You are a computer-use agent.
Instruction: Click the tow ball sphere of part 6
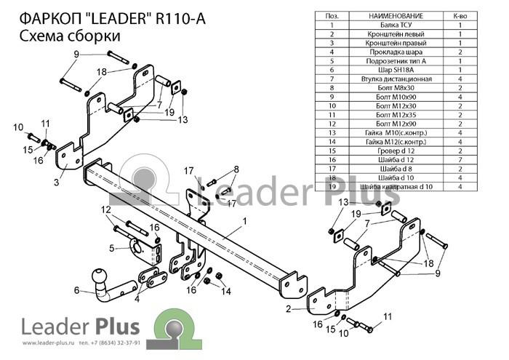pos(99,276)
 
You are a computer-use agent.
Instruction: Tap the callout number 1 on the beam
pos(244,221)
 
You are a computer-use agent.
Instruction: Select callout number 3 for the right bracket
pos(57,182)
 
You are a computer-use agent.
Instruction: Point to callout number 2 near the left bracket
pos(288,308)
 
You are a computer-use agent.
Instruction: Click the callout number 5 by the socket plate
pos(112,248)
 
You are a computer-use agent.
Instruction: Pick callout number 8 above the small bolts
pos(236,169)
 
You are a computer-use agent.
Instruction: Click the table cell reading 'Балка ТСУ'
pos(396,25)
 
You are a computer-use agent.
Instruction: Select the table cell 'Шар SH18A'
pos(396,70)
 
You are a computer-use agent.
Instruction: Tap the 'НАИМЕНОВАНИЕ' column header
pos(396,16)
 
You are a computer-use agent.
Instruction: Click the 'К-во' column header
pos(460,16)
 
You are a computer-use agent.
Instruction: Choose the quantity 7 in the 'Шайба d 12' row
pos(460,160)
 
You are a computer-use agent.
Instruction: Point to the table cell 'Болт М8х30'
pos(396,88)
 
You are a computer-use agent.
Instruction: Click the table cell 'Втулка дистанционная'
pos(396,79)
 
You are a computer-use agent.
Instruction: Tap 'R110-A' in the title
pos(180,18)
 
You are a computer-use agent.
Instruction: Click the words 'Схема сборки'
pos(70,36)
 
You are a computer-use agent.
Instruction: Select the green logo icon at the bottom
pos(175,329)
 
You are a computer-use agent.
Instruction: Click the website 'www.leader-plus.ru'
pos(49,343)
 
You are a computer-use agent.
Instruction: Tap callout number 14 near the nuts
pos(226,291)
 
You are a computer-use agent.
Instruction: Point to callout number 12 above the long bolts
pos(106,209)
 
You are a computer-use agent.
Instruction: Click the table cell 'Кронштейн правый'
pos(396,43)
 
